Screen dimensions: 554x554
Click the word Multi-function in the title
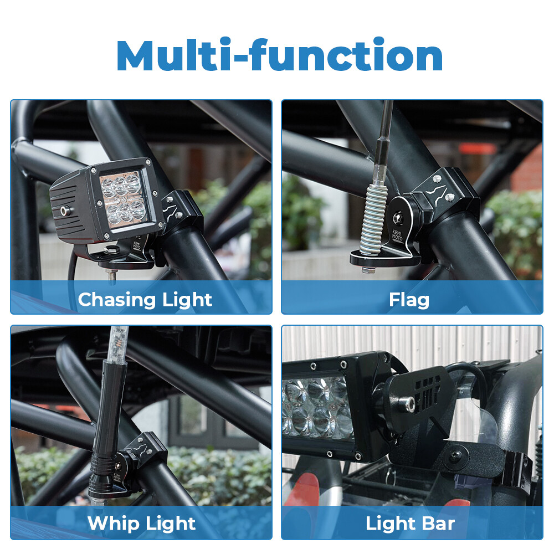click(x=280, y=55)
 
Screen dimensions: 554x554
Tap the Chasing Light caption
click(x=145, y=300)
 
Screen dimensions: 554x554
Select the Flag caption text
click(x=409, y=300)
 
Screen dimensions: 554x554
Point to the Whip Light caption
click(x=141, y=524)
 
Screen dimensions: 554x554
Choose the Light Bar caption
click(x=410, y=524)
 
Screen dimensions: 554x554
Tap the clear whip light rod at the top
click(x=119, y=341)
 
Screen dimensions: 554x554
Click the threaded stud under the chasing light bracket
click(x=113, y=273)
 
